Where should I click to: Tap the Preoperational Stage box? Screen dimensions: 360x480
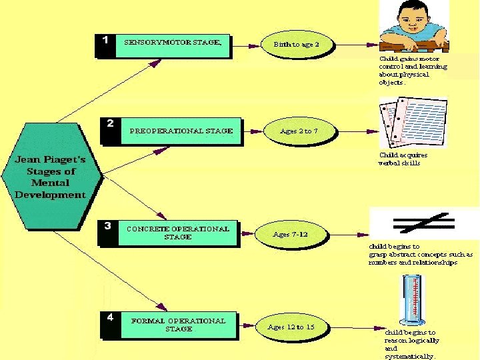tap(180, 131)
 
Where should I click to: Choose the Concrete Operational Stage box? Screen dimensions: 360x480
tap(179, 233)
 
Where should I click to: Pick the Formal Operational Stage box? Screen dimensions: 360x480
tap(179, 325)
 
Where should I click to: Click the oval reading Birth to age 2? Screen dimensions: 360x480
tap(296, 44)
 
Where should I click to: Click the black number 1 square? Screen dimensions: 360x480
tap(105, 41)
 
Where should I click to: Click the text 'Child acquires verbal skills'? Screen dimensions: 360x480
tap(403, 159)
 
